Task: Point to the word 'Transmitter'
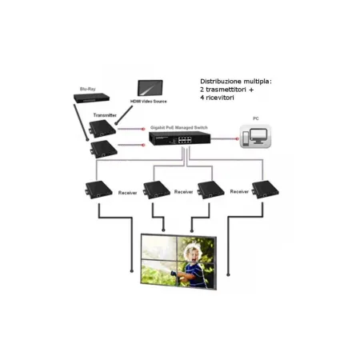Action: pos(106,115)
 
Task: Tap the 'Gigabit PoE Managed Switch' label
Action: pos(178,126)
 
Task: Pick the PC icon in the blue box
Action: pos(257,138)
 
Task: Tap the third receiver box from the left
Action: pos(209,190)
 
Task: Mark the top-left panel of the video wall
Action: pos(158,246)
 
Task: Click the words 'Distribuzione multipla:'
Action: pos(236,82)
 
